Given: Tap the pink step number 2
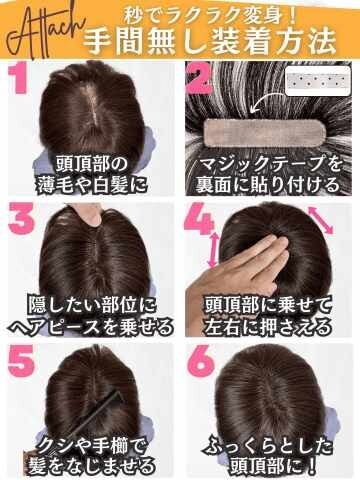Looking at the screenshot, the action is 199,78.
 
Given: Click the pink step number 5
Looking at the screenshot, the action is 21,360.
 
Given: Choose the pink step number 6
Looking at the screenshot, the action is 200,360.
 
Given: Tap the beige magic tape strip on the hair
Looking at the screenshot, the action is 263,134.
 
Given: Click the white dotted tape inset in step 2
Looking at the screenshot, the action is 318,81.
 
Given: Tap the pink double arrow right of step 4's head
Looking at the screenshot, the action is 321,220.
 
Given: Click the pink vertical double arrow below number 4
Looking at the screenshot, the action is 213,250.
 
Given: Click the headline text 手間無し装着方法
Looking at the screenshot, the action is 210,41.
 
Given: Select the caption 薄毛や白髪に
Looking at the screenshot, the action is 92,185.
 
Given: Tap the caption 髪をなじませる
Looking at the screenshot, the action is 92,466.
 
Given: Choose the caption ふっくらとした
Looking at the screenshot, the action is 269,447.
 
